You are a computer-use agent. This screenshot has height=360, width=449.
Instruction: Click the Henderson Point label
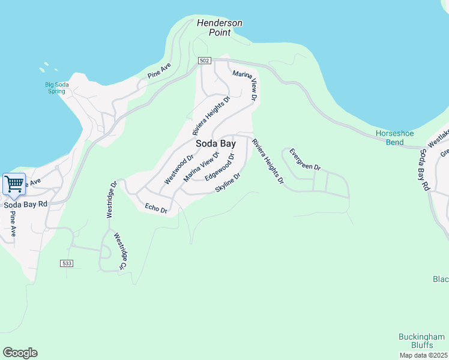tap(220, 28)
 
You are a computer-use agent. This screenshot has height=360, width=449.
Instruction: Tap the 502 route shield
tap(205, 61)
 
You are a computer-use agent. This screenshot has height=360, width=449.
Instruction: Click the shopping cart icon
tap(14, 184)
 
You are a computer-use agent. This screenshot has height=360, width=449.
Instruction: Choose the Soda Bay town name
tap(215, 144)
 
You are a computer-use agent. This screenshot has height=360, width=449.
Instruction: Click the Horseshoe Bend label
tap(393, 137)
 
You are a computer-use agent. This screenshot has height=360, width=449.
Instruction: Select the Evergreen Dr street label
tap(305, 159)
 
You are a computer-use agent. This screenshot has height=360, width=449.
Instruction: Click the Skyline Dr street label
tap(228, 183)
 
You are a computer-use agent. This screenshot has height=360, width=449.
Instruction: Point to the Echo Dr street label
tap(155, 208)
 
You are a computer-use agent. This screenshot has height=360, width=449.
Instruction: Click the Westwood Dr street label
tap(179, 169)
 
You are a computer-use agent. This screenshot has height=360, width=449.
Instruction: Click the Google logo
tap(20, 353)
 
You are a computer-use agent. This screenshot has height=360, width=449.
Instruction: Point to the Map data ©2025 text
tap(423, 355)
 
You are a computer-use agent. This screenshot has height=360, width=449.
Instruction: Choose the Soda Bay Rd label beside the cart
tap(25, 205)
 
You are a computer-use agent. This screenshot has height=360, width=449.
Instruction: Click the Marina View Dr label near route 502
tap(245, 85)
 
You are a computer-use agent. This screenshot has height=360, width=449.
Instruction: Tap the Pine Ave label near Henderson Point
tap(159, 70)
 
